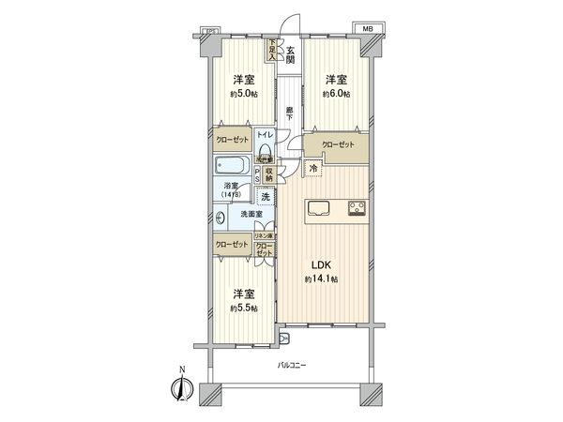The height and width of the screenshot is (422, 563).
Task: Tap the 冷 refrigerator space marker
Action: pos(313,168)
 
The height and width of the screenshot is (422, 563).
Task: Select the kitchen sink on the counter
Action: pos(317,208)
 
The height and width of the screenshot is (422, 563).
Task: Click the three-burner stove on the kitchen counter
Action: pos(357,208)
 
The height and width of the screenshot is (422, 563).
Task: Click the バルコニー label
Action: pos(294,364)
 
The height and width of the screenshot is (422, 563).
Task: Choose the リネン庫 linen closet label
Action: pos(266,234)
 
